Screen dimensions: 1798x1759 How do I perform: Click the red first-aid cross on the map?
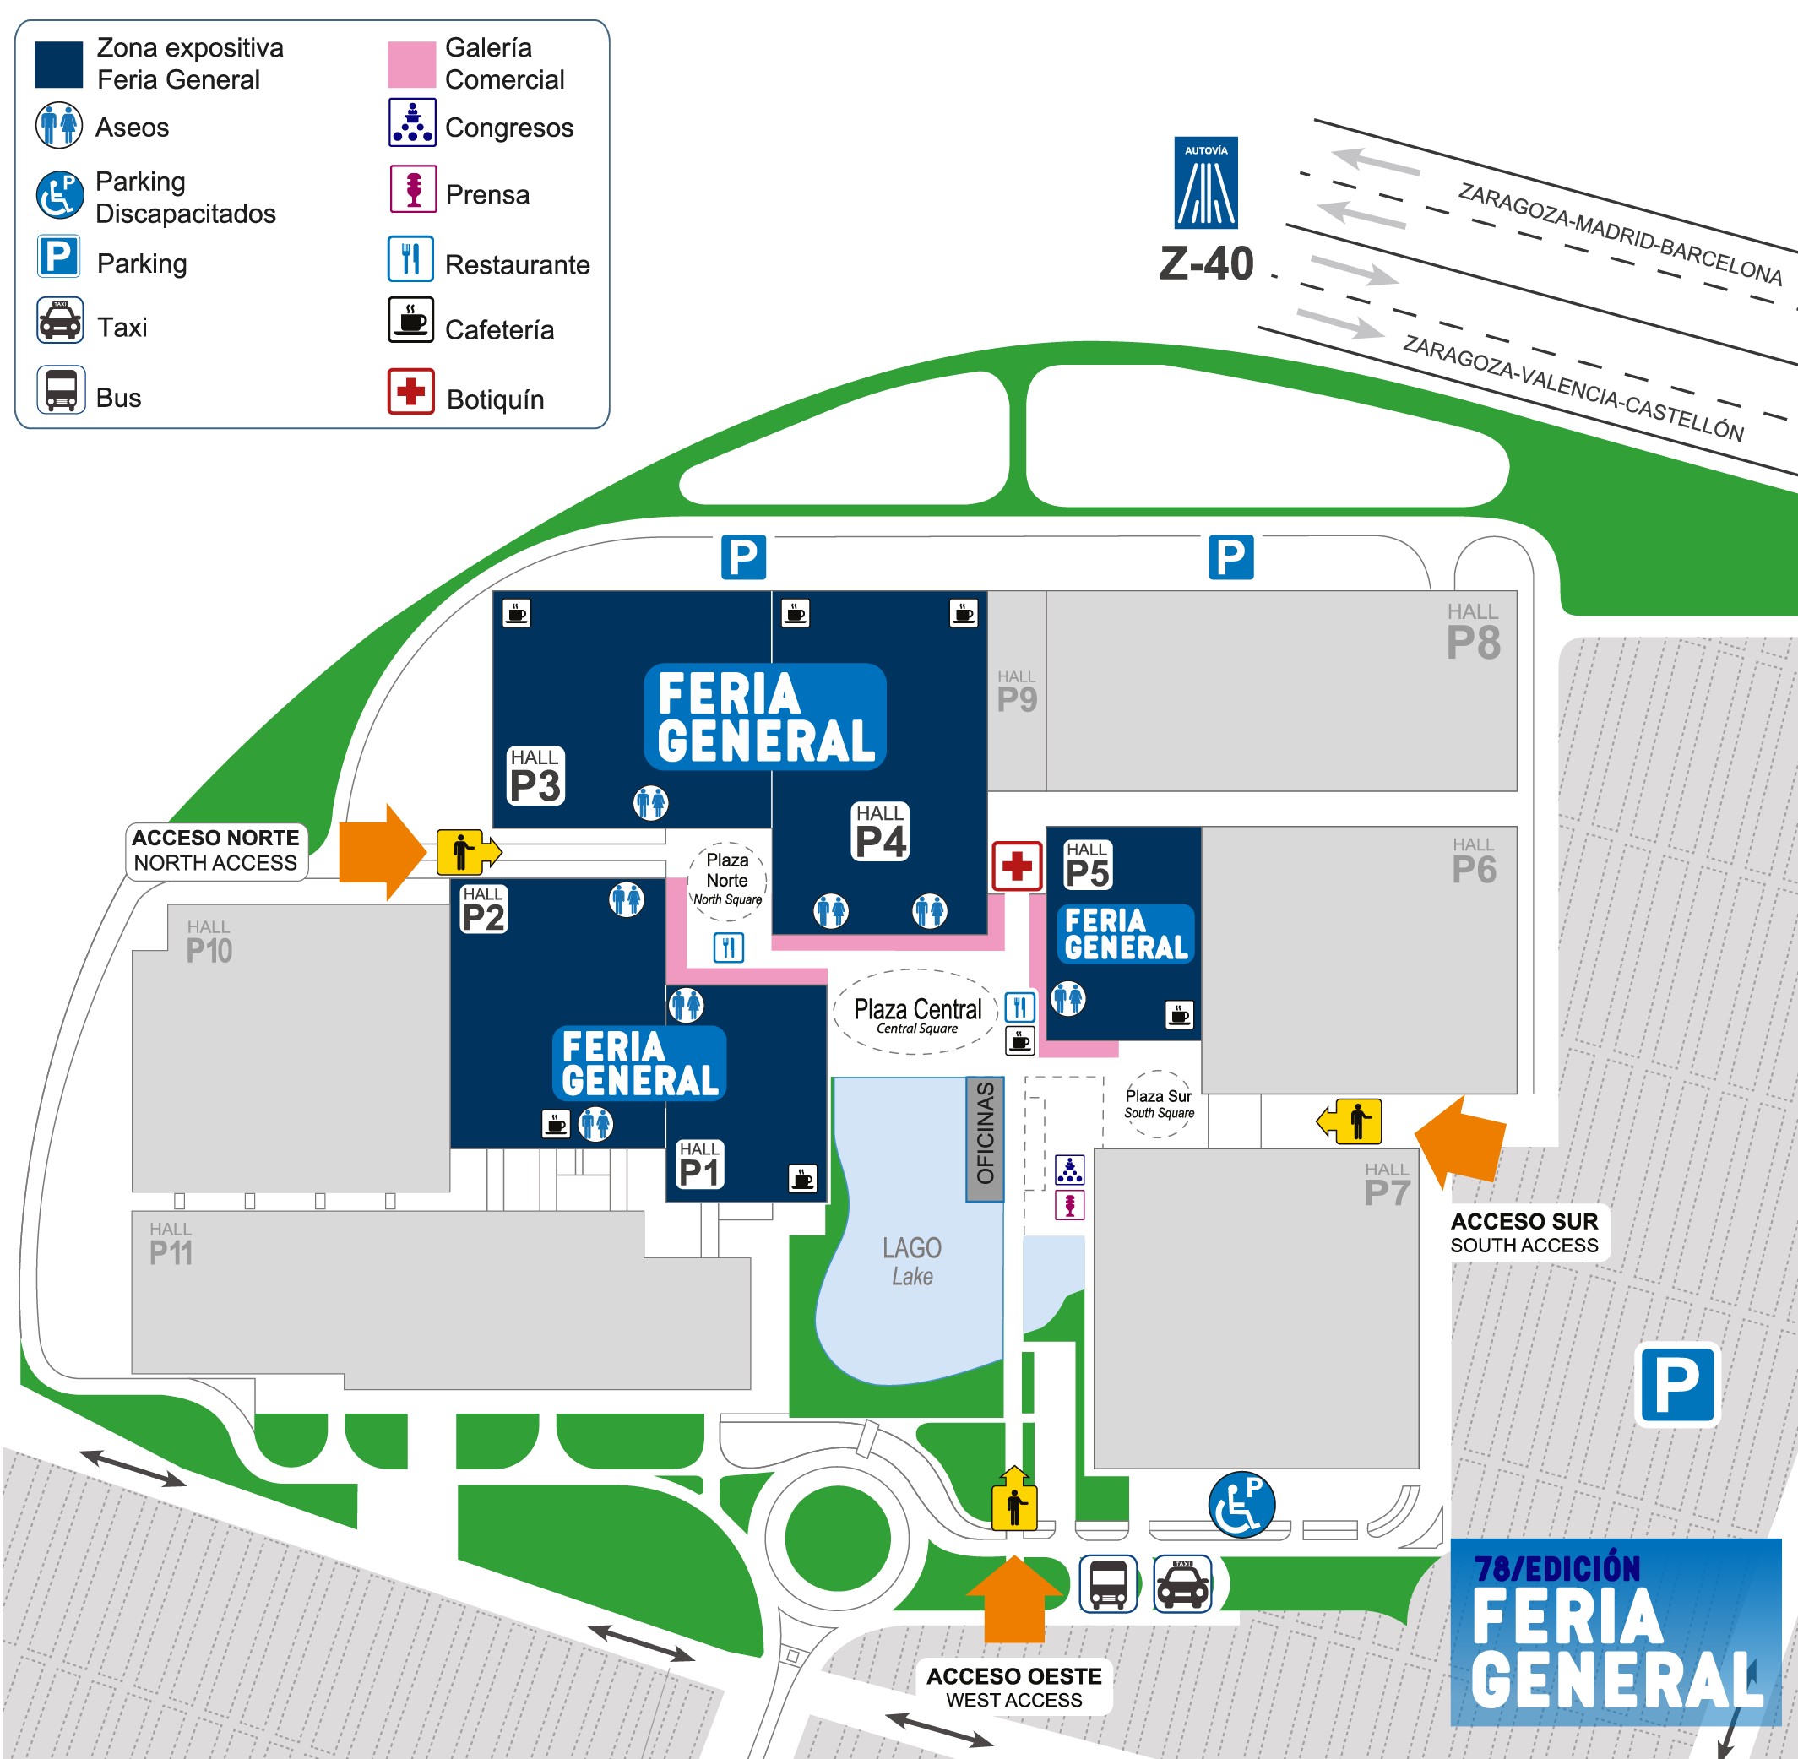1018,866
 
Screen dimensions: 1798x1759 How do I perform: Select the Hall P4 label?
881,832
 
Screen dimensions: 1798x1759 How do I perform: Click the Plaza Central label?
917,1013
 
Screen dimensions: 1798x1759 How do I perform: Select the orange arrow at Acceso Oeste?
1014,1599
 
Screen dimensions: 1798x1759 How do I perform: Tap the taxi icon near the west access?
1182,1583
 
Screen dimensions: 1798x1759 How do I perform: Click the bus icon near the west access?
1109,1583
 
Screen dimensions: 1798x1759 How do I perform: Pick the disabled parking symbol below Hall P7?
1241,1504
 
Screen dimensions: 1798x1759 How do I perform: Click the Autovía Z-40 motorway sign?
1206,183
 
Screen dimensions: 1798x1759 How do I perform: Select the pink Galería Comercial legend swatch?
411,65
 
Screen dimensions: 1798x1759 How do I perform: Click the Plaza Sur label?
1159,1104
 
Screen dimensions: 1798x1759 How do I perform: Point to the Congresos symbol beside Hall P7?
1070,1170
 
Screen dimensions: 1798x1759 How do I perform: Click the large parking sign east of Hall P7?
1678,1385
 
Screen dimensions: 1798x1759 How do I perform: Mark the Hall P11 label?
171,1245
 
